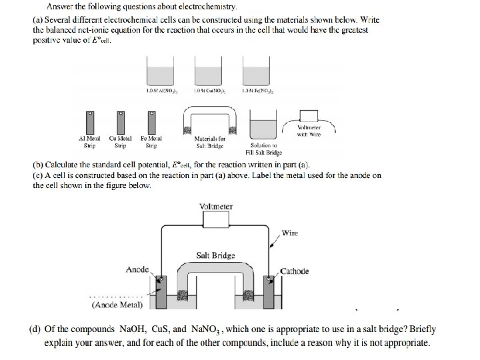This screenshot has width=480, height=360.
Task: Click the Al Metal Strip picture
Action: [x=90, y=121]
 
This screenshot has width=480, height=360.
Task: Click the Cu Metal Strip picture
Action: [x=121, y=121]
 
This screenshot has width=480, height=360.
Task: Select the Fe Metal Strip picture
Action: [x=151, y=121]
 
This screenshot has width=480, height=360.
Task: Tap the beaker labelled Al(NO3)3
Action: [x=157, y=72]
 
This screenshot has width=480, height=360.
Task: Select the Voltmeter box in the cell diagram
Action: [x=216, y=207]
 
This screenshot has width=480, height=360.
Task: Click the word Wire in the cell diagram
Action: [x=290, y=233]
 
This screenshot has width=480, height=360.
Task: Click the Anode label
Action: [x=137, y=269]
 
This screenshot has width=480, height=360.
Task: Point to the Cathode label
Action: [x=294, y=271]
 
